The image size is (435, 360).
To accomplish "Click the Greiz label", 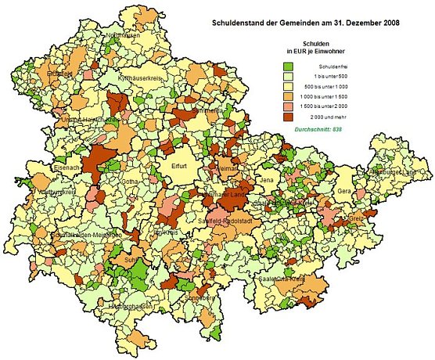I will point(357,219).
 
